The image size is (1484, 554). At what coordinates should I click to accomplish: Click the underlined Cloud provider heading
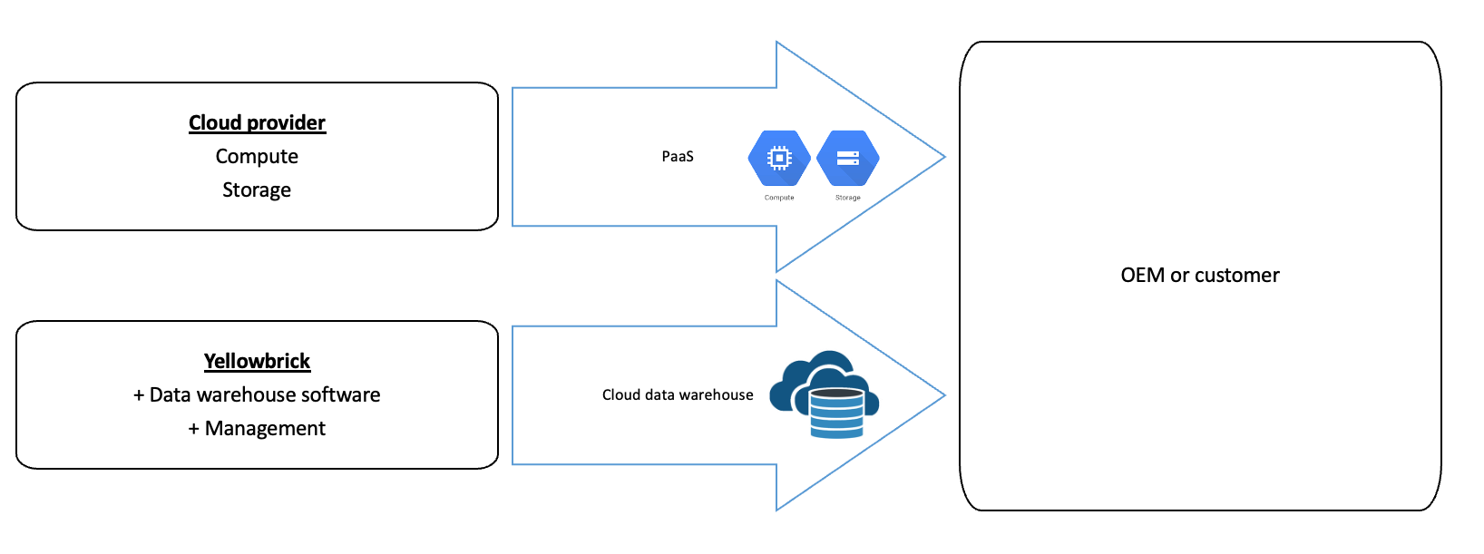257,122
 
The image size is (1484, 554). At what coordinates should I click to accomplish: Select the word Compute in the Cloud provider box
257,156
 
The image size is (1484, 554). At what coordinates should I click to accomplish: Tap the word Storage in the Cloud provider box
257,190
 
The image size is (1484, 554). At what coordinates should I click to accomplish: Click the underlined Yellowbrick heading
257,361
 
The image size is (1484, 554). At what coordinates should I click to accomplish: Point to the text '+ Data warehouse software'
257,394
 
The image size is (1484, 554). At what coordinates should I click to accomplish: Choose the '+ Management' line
257,428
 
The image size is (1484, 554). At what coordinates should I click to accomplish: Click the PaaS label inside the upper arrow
678,156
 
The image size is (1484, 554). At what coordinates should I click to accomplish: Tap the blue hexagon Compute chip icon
778,159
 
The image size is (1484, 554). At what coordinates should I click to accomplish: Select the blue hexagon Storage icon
847,159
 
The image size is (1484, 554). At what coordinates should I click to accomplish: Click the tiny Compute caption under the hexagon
779,197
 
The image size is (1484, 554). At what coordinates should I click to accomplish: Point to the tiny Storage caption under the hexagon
848,197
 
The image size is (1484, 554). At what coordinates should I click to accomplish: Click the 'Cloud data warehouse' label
678,394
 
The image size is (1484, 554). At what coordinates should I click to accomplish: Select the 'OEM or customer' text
1200,275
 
